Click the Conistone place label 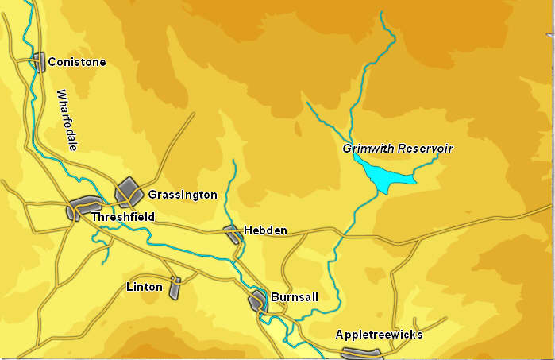tap(76, 62)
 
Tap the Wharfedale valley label tap(66, 120)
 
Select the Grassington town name tap(182, 195)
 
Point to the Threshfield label tap(122, 216)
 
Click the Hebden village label tap(264, 230)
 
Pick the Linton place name tap(144, 287)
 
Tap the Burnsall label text tap(295, 297)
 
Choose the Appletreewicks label tap(379, 335)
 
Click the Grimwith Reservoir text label tap(397, 149)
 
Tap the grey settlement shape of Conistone tap(38, 62)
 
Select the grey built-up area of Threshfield tap(83, 208)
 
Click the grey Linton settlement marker tap(175, 288)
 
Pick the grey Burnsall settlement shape tap(258, 301)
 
